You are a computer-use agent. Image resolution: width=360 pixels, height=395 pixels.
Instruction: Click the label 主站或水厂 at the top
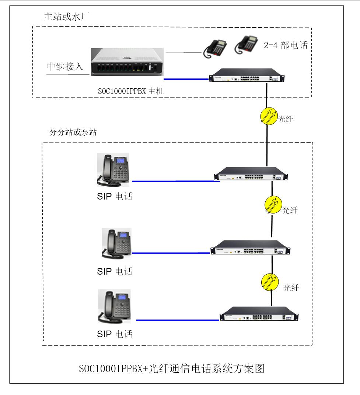click(x=67, y=17)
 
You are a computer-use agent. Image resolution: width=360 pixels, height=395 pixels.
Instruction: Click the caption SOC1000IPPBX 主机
click(x=131, y=92)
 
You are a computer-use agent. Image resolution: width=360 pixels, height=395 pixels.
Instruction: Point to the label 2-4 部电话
click(x=286, y=45)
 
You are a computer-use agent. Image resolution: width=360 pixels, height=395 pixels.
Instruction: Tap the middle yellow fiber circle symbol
click(x=273, y=205)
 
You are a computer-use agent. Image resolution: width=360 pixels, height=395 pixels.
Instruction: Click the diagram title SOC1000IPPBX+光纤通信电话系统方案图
click(x=172, y=368)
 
